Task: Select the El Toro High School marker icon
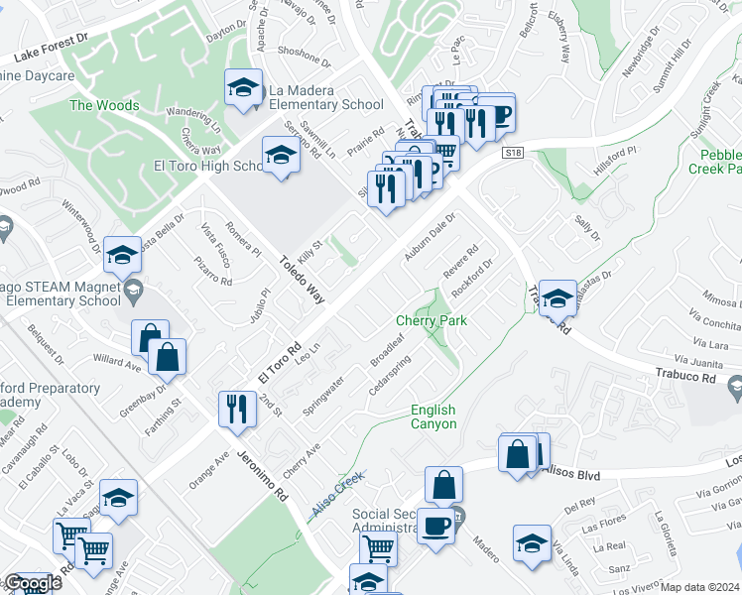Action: tap(281, 157)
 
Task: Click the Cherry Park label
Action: tap(432, 320)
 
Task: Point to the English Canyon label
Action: tap(433, 416)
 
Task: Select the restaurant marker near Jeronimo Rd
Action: tap(236, 410)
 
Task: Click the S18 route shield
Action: tap(512, 153)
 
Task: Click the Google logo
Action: tap(33, 584)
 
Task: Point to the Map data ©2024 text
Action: tap(700, 587)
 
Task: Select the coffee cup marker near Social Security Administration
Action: tap(434, 526)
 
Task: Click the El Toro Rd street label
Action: tap(279, 364)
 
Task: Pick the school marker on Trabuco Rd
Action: tap(557, 298)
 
